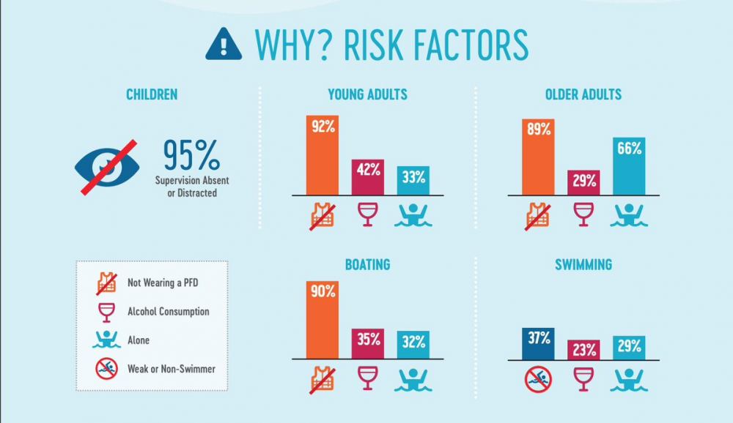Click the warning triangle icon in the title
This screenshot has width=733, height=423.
(224, 45)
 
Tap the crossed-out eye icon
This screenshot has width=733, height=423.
(108, 167)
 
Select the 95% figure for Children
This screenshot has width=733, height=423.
(191, 155)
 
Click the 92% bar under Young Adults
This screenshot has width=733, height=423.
(323, 155)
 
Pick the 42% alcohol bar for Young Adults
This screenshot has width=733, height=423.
(368, 177)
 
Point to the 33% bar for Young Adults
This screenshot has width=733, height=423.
(413, 181)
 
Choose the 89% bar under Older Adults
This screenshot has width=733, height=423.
(538, 157)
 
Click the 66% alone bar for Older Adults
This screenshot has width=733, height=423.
(629, 166)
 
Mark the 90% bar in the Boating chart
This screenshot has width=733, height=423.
(323, 320)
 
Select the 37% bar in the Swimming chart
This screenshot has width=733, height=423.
(538, 344)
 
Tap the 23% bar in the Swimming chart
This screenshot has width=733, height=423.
(583, 350)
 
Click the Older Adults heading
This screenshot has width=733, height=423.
(583, 94)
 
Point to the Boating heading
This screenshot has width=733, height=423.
(367, 265)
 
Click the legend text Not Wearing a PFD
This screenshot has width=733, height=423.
(163, 282)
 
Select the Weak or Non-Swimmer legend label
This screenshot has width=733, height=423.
(172, 369)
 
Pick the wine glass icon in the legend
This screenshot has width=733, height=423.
(106, 312)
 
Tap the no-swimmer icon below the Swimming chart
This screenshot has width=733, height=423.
(538, 379)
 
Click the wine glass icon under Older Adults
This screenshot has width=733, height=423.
(583, 214)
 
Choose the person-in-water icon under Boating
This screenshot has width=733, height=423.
(413, 380)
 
